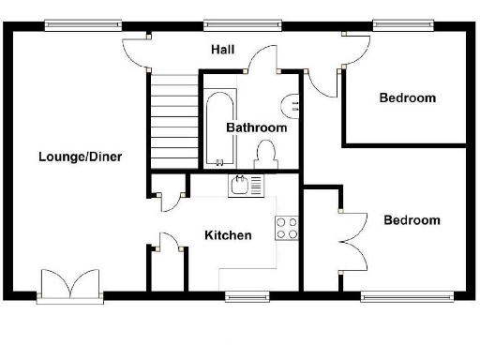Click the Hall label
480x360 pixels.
[223, 50]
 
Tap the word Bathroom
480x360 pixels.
[256, 127]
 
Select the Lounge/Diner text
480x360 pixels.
[81, 156]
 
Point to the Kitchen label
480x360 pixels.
[228, 235]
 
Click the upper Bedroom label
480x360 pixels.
[407, 97]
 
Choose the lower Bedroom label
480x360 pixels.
[412, 220]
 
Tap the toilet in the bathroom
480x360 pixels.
[266, 154]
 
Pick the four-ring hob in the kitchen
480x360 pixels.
[286, 228]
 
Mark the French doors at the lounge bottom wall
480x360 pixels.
[70, 283]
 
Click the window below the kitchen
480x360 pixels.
[247, 297]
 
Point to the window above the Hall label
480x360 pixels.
[242, 23]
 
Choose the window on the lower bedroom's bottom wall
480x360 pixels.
[409, 297]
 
